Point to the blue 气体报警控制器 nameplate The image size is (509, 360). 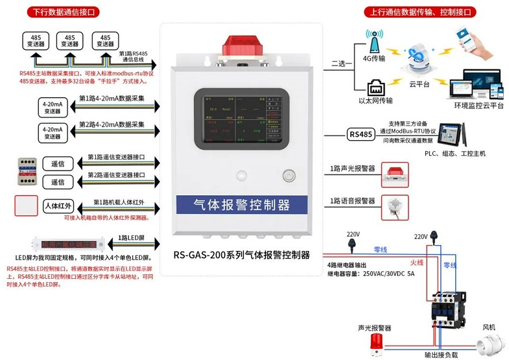pos(241,206)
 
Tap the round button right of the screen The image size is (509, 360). pos(287,174)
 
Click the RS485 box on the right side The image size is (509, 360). pos(361,134)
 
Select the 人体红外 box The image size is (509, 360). pos(58,206)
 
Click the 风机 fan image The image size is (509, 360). pos(489,342)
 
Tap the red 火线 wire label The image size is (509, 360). pos(417,262)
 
